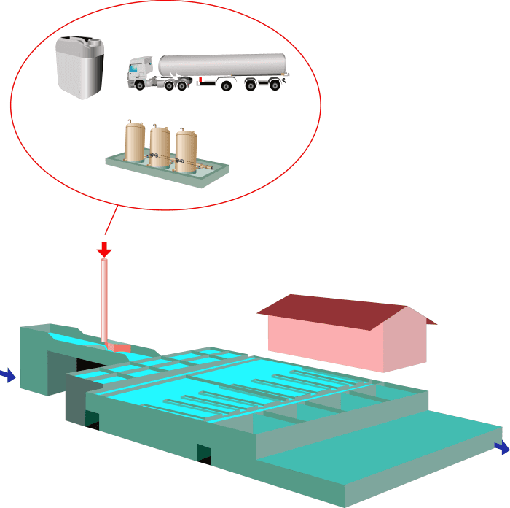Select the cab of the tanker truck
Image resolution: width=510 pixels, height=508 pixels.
143,74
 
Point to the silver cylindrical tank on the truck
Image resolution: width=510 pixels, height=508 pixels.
223,65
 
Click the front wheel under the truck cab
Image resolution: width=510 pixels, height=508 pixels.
138,85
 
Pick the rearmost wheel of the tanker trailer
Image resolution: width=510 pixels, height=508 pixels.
275,85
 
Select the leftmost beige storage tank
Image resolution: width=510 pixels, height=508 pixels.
136,142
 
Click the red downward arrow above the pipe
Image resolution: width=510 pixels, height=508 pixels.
104,250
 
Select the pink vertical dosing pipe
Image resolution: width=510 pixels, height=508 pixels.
104,299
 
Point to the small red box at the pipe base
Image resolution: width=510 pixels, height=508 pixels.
119,347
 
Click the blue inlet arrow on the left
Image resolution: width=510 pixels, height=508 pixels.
7,376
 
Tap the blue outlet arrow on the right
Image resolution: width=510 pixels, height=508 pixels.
502,447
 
